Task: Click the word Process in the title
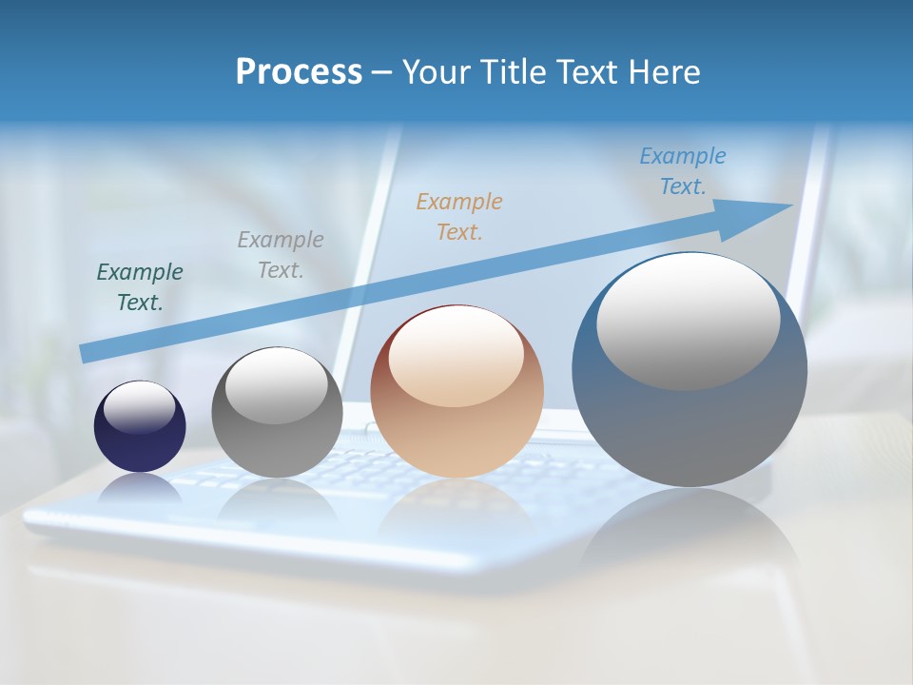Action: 299,72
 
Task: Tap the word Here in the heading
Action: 662,72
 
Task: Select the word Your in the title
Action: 434,72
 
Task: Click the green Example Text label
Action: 140,287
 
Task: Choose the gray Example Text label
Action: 281,255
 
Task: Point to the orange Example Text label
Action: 459,216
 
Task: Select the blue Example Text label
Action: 683,171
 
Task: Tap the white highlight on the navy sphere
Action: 140,407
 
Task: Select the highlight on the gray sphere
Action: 277,385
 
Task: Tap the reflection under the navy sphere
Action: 140,490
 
